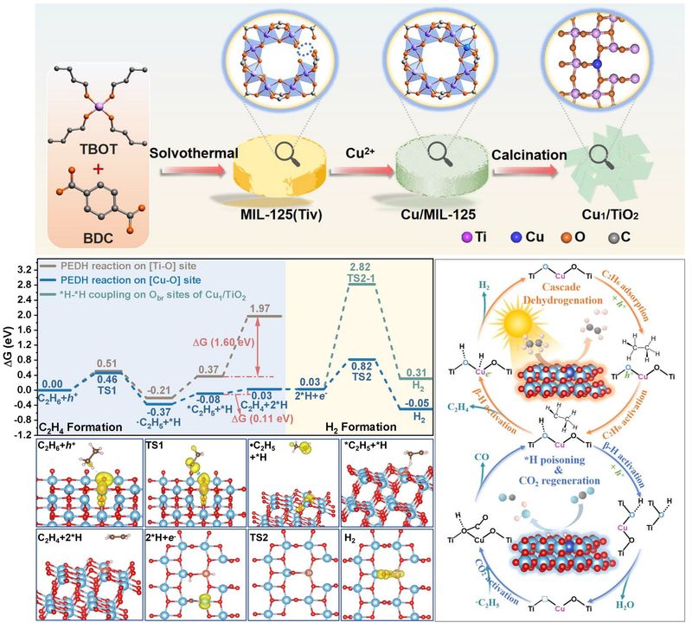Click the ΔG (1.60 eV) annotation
224,341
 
